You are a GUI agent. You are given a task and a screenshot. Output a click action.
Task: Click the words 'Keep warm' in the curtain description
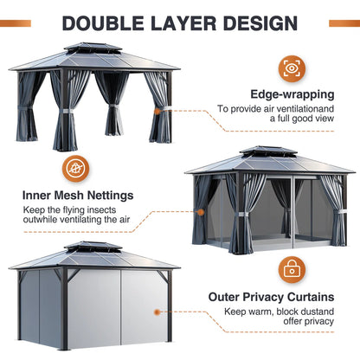245,311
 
